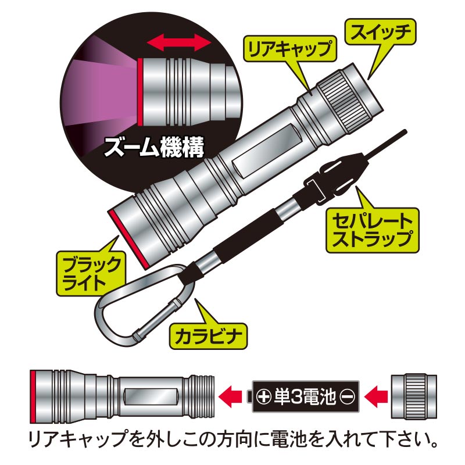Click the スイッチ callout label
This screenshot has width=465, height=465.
381,33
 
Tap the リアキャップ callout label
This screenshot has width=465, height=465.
289,49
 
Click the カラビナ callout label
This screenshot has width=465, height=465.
208,336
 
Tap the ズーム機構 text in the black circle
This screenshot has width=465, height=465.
154,148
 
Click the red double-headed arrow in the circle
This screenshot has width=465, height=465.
179,42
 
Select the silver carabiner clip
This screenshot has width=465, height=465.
139,305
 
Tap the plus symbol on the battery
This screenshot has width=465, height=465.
264,397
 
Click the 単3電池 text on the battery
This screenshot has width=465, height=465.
305,397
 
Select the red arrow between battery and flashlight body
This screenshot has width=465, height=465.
230,396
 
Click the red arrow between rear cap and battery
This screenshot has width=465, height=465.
376,396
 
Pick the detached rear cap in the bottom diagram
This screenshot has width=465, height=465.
414,396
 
